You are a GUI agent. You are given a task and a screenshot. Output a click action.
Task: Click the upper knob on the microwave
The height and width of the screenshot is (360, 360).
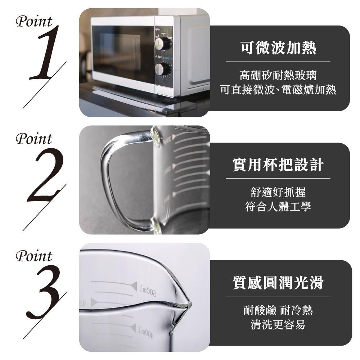pos(163,44)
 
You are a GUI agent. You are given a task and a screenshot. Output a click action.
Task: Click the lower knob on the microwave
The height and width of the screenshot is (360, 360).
pos(163,69)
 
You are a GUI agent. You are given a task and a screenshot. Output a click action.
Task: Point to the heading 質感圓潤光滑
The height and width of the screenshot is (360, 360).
pos(278,282)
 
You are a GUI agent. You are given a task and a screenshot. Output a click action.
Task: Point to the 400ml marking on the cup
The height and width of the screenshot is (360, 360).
pos(146,333)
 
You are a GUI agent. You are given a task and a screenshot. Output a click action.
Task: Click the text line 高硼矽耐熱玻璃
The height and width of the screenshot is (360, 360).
pos(278,75)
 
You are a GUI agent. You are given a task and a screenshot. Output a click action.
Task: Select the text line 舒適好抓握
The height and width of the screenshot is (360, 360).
pos(278,192)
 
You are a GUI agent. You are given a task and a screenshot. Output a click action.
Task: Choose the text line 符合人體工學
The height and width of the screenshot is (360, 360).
pos(278,206)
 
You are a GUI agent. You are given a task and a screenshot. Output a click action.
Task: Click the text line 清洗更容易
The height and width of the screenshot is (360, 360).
pos(278,324)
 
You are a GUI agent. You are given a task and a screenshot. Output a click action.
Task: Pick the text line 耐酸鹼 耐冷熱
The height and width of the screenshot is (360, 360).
pos(278,310)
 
